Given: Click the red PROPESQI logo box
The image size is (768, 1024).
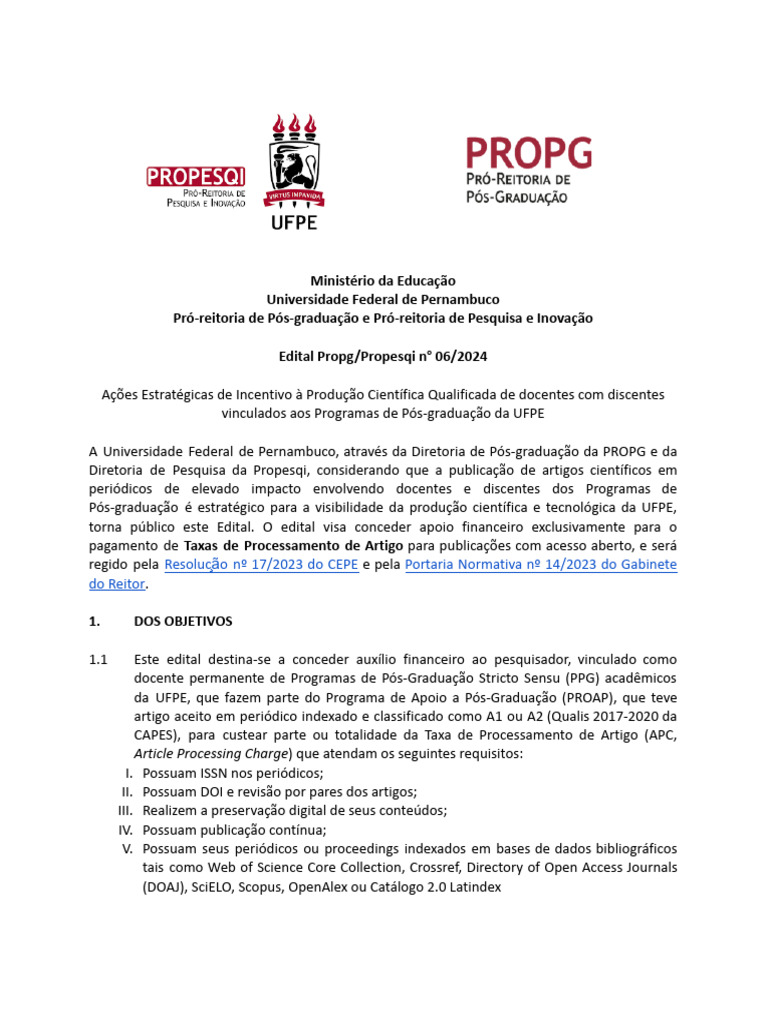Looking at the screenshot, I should click(196, 176).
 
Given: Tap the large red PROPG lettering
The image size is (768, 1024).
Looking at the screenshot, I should click(529, 154).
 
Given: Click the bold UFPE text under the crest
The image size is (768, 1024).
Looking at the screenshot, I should click(293, 221).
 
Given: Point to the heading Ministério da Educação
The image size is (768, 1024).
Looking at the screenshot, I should click(383, 281).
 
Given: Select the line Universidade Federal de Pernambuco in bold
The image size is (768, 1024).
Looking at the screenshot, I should click(383, 299).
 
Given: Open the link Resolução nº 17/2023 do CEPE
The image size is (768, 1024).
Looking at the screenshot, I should click(261, 565).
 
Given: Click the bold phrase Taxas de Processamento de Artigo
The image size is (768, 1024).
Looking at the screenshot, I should click(294, 546).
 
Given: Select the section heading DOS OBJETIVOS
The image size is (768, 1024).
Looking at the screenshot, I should click(183, 621).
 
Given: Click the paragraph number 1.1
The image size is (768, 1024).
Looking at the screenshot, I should click(98, 660).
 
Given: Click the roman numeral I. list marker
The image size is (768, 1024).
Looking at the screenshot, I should click(127, 773).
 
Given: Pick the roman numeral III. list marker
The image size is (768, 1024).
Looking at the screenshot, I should click(124, 810).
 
